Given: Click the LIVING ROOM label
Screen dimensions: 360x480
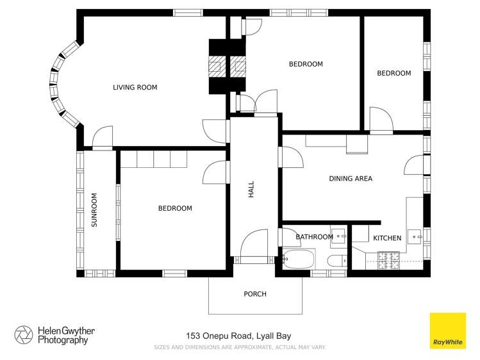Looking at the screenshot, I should [x=135, y=88].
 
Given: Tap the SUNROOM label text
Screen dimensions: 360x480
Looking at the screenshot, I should [x=94, y=210].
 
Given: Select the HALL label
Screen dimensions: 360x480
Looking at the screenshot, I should [x=251, y=189].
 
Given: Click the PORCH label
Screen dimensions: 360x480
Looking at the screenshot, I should [x=254, y=294].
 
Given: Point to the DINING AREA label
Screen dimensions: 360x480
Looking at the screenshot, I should [x=351, y=179].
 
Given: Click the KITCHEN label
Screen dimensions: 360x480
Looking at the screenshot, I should [x=387, y=238].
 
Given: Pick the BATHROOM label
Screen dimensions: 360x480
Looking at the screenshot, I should [x=314, y=237].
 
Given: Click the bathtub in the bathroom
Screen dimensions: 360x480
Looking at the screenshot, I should [x=299, y=260].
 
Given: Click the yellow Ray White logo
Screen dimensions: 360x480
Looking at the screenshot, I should [x=447, y=331].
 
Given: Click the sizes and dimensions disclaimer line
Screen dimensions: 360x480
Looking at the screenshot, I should [x=240, y=347].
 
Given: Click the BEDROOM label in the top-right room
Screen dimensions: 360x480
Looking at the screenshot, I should [x=393, y=73].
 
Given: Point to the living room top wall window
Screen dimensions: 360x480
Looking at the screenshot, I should [x=188, y=12].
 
